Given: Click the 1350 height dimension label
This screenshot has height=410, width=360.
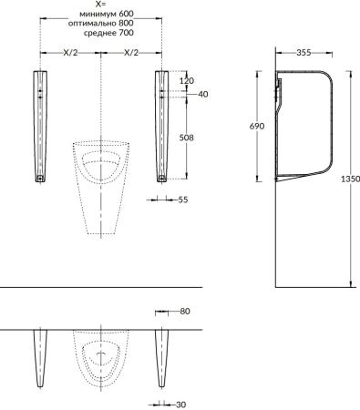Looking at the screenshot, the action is point(350,179).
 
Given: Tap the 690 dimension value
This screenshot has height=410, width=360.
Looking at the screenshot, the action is point(257,126).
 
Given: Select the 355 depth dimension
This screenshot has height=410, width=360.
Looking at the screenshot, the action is point(303,53).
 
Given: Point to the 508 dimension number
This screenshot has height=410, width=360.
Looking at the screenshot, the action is point(186,138).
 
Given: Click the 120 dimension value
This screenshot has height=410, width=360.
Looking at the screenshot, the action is point(187,81).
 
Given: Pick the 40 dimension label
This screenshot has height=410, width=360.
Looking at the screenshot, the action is point(203,94).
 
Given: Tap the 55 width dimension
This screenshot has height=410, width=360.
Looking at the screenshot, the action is point(183,200).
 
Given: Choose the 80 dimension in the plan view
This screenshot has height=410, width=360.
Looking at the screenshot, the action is point(185,312).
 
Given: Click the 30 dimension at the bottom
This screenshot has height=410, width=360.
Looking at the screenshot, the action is point(180,405).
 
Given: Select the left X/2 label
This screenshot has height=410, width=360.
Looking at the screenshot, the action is point(70,53).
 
